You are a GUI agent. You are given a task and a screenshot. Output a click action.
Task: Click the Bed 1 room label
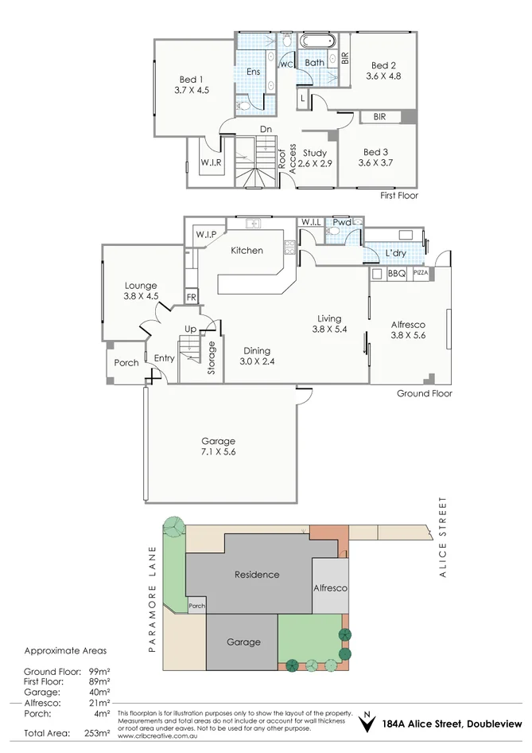(x=191, y=80)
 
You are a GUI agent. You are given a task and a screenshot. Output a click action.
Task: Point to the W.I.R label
(x=211, y=162)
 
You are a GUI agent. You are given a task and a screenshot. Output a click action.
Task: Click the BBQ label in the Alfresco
(x=397, y=274)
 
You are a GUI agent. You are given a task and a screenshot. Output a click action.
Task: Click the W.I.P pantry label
(x=206, y=234)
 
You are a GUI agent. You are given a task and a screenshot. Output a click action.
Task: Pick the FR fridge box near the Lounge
(x=191, y=298)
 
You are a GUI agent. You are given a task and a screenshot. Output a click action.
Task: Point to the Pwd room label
(x=342, y=222)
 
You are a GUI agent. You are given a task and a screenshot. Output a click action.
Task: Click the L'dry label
(x=396, y=253)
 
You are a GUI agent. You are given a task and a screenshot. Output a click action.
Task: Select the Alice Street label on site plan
(x=443, y=529)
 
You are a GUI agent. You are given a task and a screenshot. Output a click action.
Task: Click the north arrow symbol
(x=367, y=723)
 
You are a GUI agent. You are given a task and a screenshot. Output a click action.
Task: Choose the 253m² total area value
(x=97, y=732)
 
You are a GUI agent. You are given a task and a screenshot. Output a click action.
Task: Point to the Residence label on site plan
(x=256, y=574)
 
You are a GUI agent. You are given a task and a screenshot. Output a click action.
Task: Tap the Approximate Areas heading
(x=67, y=650)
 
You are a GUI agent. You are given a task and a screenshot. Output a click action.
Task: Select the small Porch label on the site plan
(x=196, y=606)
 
